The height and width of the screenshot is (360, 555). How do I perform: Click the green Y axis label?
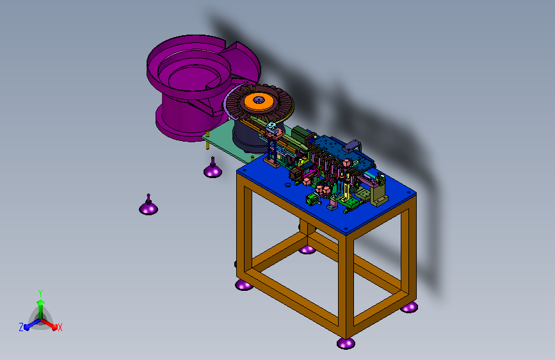(x=40, y=293)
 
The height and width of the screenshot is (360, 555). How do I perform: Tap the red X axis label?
(x=60, y=328)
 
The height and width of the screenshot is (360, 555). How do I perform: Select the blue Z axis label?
(x=21, y=327)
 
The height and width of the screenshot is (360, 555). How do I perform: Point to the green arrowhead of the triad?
(x=40, y=302)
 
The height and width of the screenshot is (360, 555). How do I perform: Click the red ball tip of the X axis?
(x=54, y=327)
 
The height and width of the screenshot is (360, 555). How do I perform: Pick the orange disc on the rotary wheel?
(x=259, y=102)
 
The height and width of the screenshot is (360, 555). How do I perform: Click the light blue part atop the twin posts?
(x=271, y=126)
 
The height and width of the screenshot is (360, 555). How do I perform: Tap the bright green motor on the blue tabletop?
(x=312, y=199)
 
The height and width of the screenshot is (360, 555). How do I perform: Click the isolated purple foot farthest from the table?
(x=149, y=206)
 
